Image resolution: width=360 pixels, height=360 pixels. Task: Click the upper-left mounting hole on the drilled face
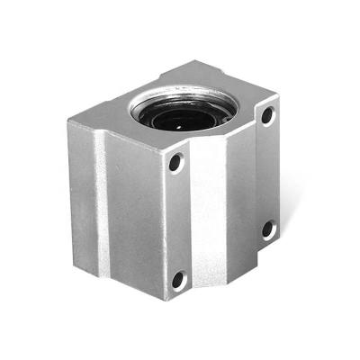pyautogui.click(x=175, y=164)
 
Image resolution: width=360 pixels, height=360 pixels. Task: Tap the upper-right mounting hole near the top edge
pyautogui.click(x=267, y=116)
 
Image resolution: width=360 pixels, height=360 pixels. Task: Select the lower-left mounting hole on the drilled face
pyautogui.click(x=178, y=279)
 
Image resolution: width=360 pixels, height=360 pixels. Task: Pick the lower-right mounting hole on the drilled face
pyautogui.click(x=267, y=229)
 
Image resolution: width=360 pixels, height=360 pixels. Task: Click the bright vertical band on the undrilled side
pyautogui.click(x=100, y=207)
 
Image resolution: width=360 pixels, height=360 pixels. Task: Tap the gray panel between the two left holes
pyautogui.click(x=179, y=221)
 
